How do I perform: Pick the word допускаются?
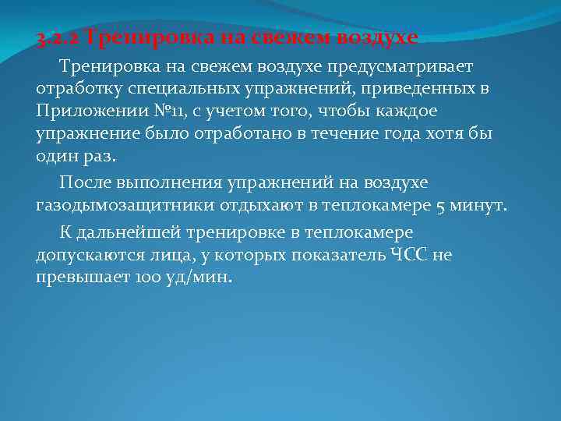coord(88,255)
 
